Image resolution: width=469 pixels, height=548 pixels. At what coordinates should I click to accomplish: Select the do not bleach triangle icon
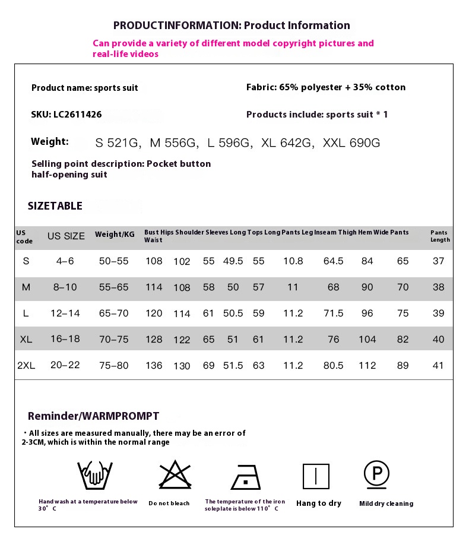click(x=174, y=475)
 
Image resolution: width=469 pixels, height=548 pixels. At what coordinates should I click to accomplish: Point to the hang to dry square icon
click(x=316, y=477)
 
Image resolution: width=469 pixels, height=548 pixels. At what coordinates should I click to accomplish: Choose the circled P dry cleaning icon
click(x=376, y=474)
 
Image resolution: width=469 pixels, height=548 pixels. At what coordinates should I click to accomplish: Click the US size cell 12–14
click(x=65, y=313)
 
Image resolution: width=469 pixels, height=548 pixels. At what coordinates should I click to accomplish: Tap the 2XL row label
click(x=26, y=366)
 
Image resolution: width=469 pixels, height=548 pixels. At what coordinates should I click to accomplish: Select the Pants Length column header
click(x=440, y=236)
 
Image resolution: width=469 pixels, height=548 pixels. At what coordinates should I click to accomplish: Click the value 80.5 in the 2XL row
click(x=333, y=366)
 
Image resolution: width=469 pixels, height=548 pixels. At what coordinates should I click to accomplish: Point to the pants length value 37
click(x=438, y=261)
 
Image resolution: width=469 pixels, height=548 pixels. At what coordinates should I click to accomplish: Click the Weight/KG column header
click(x=115, y=235)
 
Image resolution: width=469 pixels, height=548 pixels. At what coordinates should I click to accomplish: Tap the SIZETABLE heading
click(x=55, y=206)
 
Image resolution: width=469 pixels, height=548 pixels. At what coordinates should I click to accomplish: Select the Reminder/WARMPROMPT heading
click(x=93, y=416)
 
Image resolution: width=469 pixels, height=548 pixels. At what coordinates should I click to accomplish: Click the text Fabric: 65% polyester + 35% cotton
click(x=326, y=87)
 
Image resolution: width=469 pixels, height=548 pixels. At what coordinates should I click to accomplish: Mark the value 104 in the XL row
click(x=367, y=339)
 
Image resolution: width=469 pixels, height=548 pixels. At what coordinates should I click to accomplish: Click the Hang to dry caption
click(x=319, y=503)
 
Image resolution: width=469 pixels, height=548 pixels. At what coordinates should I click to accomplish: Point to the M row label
click(x=26, y=287)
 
